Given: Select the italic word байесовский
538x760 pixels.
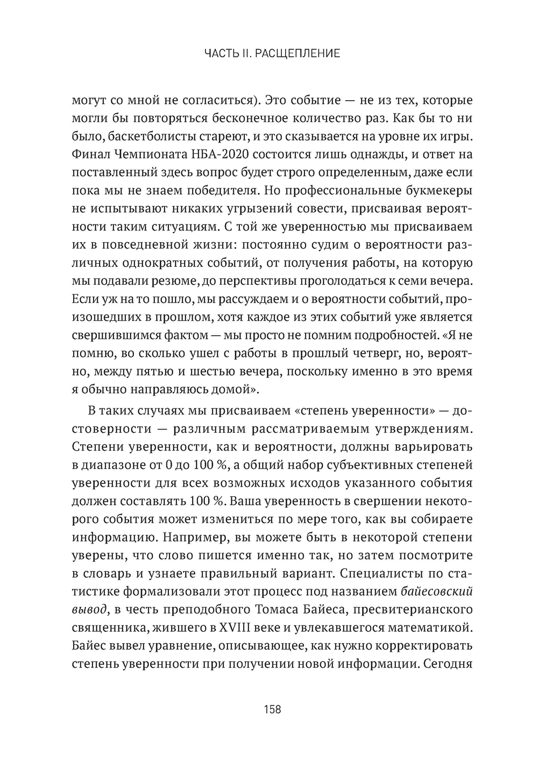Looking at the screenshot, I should pos(437,591).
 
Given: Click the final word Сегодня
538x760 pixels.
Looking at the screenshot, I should pos(448,664).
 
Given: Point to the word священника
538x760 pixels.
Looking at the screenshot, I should pos(108,628).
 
